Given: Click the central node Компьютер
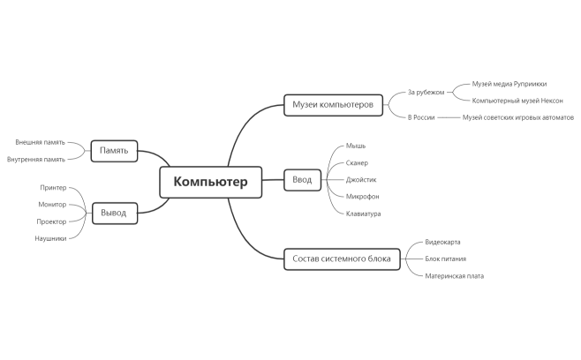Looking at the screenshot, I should pos(210,183).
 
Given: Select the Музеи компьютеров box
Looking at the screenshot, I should pos(333,105).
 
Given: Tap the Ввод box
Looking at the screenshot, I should pos(302,180).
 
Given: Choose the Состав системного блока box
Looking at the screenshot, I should pos(342,259).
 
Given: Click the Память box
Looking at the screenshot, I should pos(114,150).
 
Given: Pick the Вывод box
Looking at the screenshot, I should pos(114,213).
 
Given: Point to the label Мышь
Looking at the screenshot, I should pos(356,146).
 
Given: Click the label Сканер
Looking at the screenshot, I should pos(358,162).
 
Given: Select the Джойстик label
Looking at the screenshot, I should pos(361,179).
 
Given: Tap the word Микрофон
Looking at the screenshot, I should pos(363,196).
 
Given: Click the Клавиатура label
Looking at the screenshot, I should pos(364,214).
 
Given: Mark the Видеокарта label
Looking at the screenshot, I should pos(442,242).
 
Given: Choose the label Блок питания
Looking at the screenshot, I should pos(446,259).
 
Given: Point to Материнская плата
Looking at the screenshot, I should pos(454,275).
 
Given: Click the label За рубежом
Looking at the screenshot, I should pos(425,92).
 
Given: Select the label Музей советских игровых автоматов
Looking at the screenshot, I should pos(517,117).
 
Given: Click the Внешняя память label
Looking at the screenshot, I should pos(40,142).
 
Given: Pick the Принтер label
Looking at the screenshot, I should pos(53,188).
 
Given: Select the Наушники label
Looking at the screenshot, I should pos(50,238).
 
